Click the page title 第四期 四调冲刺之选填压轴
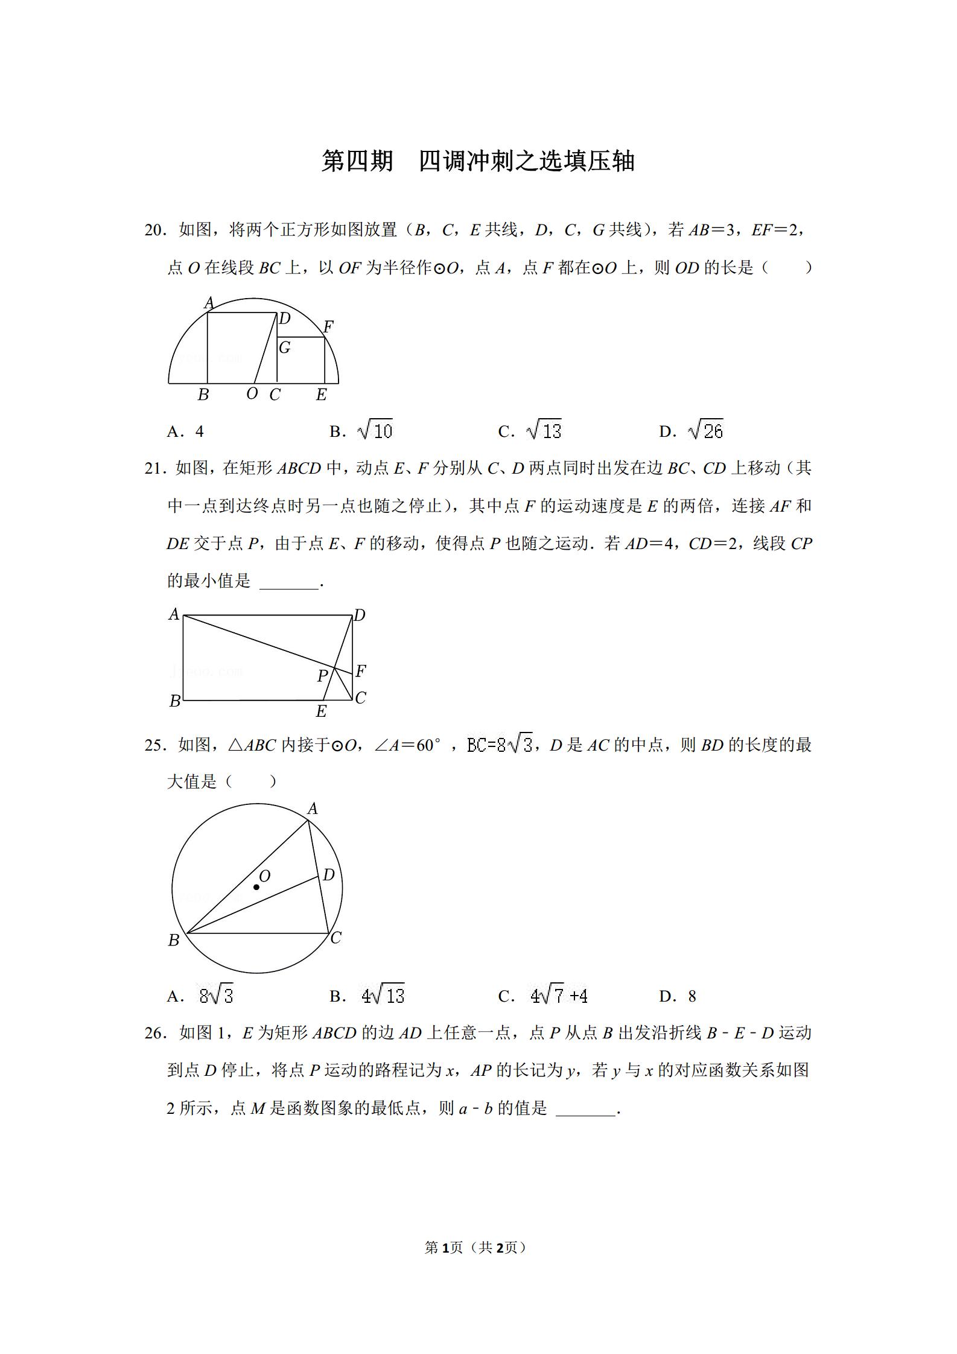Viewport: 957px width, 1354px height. click(478, 161)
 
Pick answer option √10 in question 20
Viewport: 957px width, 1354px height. click(375, 430)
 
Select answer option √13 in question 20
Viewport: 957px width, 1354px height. click(544, 430)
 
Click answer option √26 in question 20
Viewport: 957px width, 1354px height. click(705, 430)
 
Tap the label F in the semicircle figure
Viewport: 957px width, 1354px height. click(328, 327)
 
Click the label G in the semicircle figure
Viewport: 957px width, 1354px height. click(285, 348)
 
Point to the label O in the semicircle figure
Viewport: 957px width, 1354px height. click(252, 393)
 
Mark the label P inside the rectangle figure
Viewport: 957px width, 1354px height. click(323, 676)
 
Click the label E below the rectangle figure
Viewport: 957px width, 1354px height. click(322, 711)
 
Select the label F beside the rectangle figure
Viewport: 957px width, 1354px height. click(361, 671)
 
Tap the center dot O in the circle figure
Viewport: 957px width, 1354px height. click(256, 887)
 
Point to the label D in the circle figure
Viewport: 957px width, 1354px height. click(329, 875)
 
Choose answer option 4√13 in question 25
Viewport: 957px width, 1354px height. click(383, 996)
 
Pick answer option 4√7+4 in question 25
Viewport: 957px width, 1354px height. click(559, 996)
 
